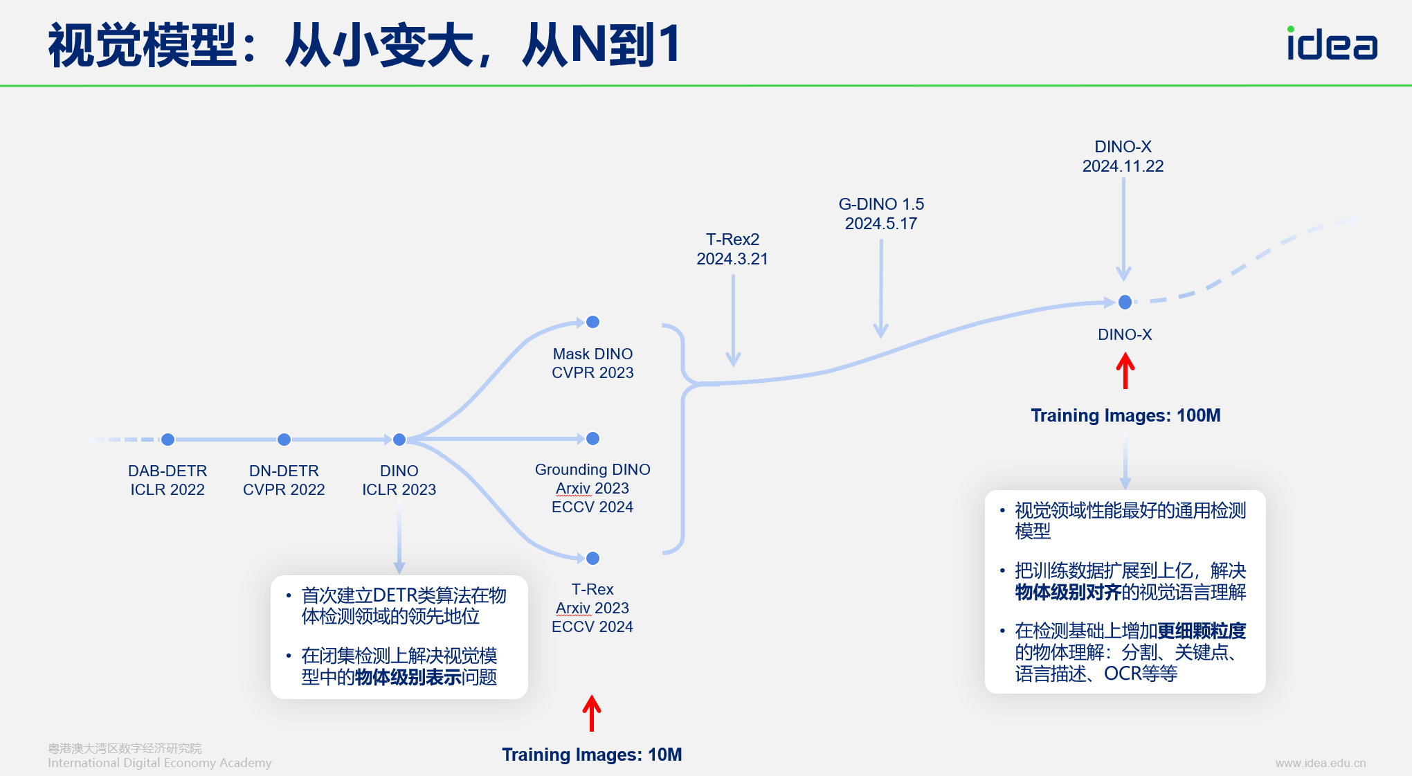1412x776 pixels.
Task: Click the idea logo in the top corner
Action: click(x=1332, y=44)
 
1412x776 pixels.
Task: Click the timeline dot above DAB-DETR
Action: click(x=168, y=440)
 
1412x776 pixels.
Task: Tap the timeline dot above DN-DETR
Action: click(x=284, y=440)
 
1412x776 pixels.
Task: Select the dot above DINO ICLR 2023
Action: click(x=399, y=440)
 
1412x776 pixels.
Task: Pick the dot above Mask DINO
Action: click(x=592, y=322)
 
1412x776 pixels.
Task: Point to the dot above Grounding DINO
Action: click(x=592, y=439)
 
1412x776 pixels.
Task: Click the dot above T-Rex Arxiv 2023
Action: click(x=592, y=558)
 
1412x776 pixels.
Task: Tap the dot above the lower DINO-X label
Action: click(x=1125, y=302)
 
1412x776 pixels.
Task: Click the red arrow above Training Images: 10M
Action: click(x=592, y=713)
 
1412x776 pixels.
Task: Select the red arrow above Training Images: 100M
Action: click(x=1125, y=370)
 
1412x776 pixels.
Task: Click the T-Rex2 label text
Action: click(x=732, y=240)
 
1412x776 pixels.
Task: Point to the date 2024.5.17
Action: click(x=880, y=224)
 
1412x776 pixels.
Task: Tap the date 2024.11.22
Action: click(x=1123, y=166)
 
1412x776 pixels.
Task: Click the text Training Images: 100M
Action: click(x=1125, y=415)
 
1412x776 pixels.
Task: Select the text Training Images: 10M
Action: click(x=592, y=755)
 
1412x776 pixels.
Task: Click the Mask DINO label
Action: click(x=592, y=354)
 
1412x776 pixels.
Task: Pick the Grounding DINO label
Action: click(x=592, y=469)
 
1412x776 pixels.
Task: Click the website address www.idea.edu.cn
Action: click(x=1321, y=763)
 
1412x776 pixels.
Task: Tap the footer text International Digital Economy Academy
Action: click(x=159, y=763)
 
